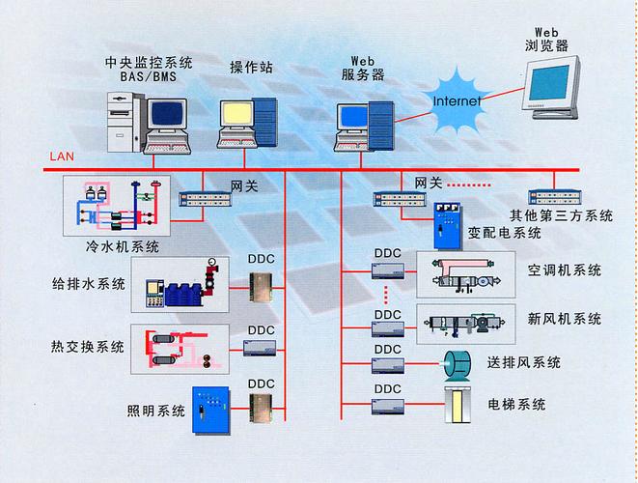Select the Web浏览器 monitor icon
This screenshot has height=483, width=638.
tap(564, 88)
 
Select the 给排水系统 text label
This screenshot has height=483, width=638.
tap(89, 284)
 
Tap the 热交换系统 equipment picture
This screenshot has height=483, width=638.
tap(180, 349)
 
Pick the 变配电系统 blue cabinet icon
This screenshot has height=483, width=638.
tap(446, 225)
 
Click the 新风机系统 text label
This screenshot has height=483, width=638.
tap(565, 319)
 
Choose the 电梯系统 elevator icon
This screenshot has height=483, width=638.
tap(457, 404)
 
